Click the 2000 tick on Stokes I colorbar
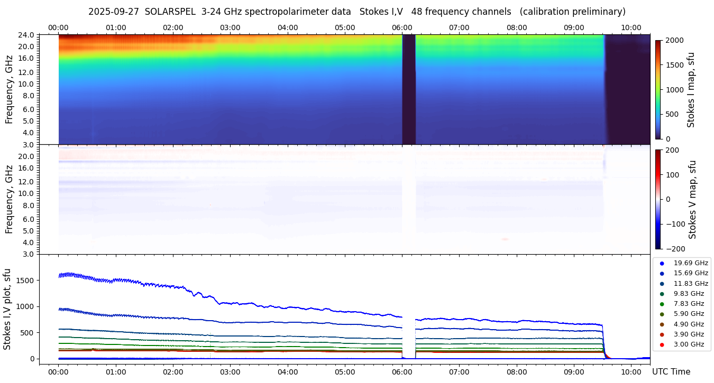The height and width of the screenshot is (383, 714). click(x=674, y=40)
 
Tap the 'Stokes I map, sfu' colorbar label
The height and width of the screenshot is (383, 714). click(x=691, y=89)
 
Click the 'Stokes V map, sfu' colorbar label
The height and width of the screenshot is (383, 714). click(x=693, y=199)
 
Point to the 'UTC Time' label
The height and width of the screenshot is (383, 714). click(x=671, y=372)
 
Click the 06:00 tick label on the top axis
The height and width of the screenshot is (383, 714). click(x=402, y=27)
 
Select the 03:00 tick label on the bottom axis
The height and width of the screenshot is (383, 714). click(x=230, y=372)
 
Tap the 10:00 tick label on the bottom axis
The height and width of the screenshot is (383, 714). click(x=631, y=372)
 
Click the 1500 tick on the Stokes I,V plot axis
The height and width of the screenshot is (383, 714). click(x=28, y=281)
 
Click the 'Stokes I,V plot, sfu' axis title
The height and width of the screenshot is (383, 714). click(x=7, y=309)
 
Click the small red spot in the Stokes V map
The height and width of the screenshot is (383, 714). click(x=505, y=239)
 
